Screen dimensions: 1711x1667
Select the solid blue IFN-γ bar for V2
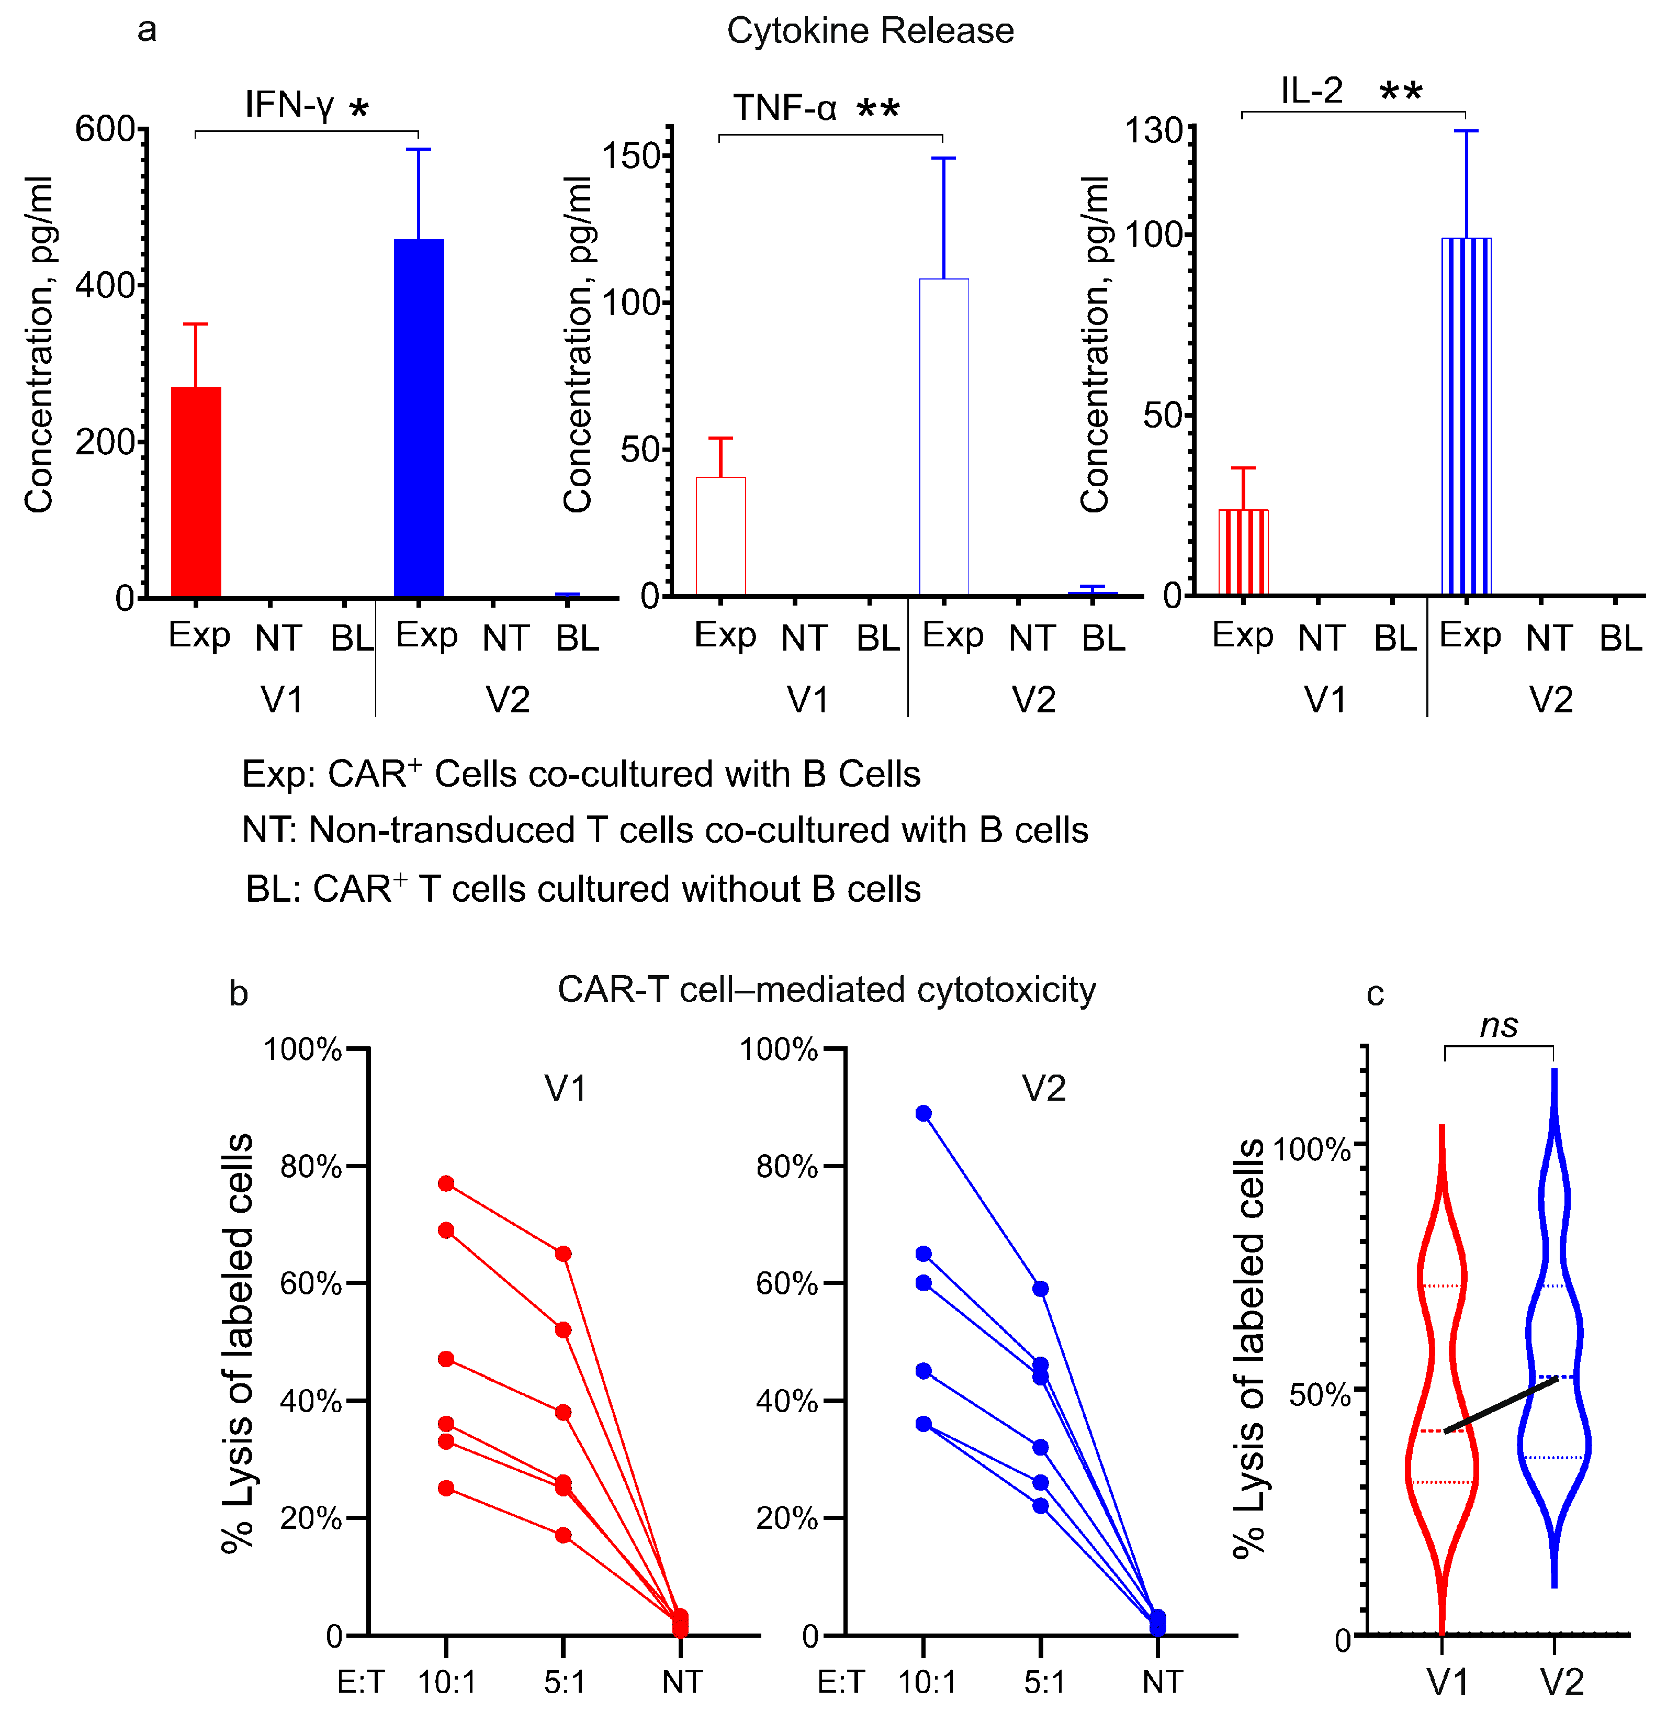(419, 419)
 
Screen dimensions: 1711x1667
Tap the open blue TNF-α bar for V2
(944, 438)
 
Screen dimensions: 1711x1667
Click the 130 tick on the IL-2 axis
(1153, 131)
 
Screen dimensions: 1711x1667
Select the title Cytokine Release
(870, 31)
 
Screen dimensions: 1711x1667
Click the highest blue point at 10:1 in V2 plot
(923, 1114)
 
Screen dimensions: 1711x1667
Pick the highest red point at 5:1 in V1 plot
(563, 1254)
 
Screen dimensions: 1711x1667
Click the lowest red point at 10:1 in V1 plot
(446, 1488)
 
